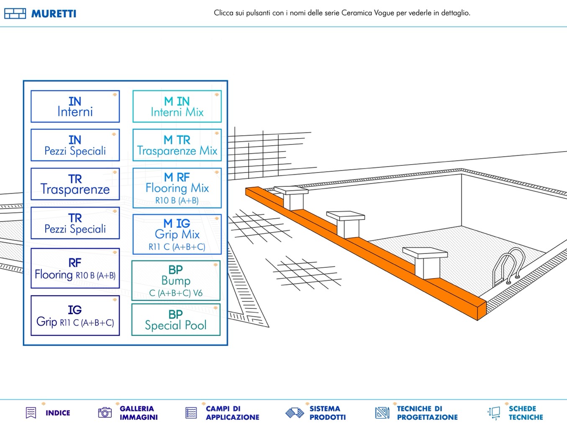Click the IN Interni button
[75, 106]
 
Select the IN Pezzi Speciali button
[75, 145]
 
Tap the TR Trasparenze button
[75, 184]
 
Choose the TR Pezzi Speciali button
[75, 223]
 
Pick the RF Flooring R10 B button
[75, 269]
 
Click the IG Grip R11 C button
[75, 316]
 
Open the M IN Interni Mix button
[177, 106]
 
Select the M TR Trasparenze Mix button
[177, 145]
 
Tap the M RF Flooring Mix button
[177, 188]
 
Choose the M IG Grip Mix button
[177, 235]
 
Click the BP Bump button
[176, 281]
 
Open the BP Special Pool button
[176, 320]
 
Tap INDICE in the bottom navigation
[49, 413]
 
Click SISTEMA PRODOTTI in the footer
[316, 413]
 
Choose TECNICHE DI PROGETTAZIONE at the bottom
[417, 413]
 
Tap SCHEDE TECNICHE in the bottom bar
[516, 413]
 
